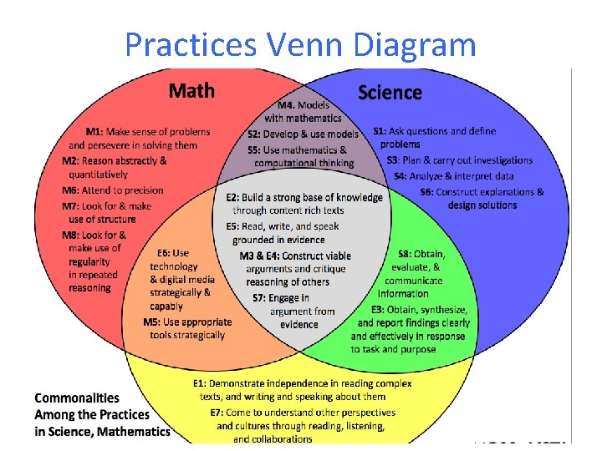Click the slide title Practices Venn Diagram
300,43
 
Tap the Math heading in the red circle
191,90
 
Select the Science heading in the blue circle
390,92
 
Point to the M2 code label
72,160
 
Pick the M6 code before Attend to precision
72,190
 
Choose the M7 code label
72,205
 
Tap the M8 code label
72,236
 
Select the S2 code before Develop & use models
254,134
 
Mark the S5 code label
254,149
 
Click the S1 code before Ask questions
380,131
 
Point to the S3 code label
392,160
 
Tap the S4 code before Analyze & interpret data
400,176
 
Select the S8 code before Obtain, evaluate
404,254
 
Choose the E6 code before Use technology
164,253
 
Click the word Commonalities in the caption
77,398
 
